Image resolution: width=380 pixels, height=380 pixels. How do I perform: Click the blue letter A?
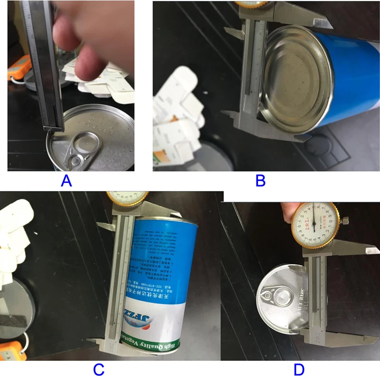point(66,181)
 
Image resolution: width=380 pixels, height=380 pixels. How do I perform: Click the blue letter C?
point(98,370)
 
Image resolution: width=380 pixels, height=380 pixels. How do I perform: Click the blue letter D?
point(299,369)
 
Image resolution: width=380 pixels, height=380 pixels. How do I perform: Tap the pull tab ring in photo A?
point(84,142)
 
